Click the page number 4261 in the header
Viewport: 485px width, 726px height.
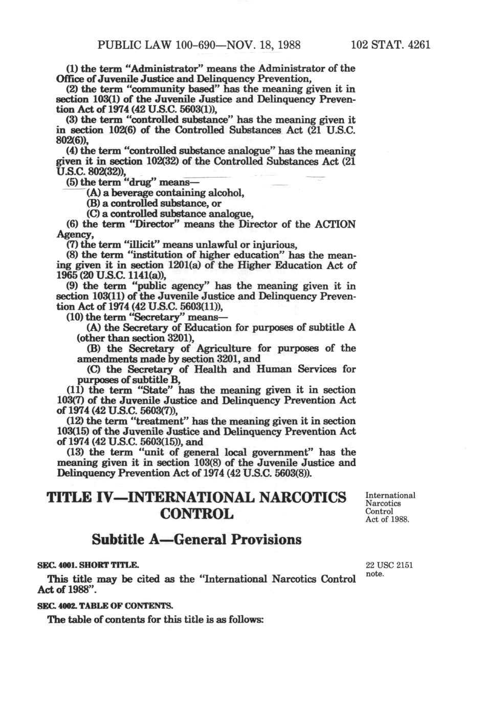417,45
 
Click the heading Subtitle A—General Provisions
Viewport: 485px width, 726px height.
196,539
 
